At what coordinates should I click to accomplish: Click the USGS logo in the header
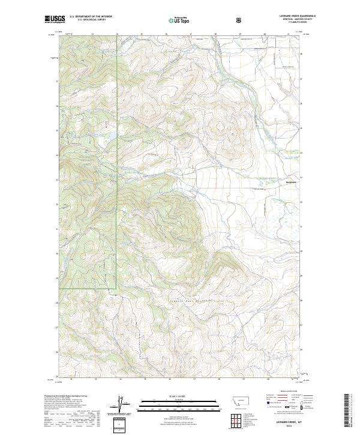tap(55, 20)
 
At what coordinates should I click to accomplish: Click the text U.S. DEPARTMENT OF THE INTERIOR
tap(91, 17)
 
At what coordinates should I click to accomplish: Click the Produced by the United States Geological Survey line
tap(64, 397)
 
